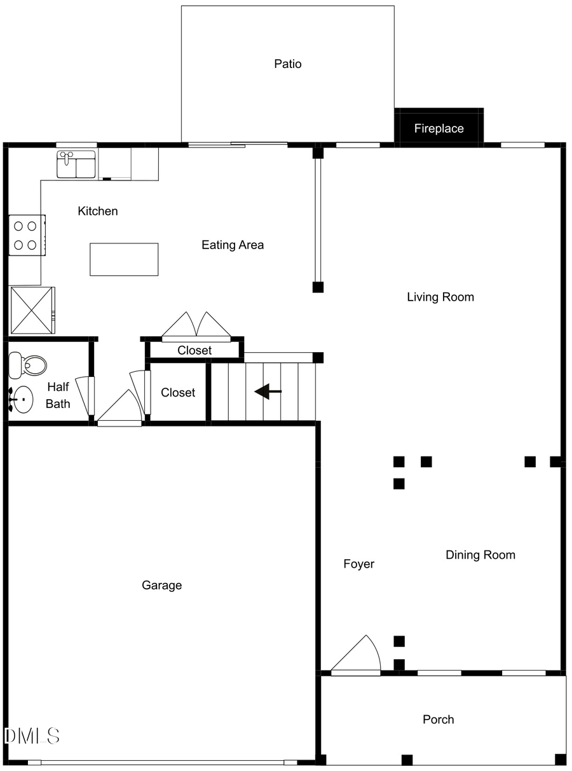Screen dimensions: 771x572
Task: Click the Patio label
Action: (x=287, y=64)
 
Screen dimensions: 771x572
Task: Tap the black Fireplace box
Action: (x=439, y=128)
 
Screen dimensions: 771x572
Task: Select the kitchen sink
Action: (x=76, y=165)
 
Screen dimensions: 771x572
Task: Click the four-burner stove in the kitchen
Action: (x=27, y=235)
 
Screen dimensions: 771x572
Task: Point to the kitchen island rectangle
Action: (x=124, y=259)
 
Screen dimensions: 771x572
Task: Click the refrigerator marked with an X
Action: (x=32, y=310)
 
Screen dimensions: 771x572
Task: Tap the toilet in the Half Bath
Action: (x=29, y=366)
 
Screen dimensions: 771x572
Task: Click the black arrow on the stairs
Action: (x=268, y=392)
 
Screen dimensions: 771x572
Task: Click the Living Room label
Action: (x=440, y=297)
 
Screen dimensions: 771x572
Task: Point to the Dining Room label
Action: (x=480, y=555)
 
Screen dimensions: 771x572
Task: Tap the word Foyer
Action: (x=358, y=564)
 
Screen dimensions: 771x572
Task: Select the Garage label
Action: (x=161, y=585)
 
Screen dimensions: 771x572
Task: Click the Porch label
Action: (x=438, y=720)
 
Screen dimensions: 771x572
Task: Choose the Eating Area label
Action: (x=233, y=245)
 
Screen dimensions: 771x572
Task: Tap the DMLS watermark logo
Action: (x=32, y=736)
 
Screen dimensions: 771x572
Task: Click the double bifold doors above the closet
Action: (x=196, y=326)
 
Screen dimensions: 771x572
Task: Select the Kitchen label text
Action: (x=97, y=211)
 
